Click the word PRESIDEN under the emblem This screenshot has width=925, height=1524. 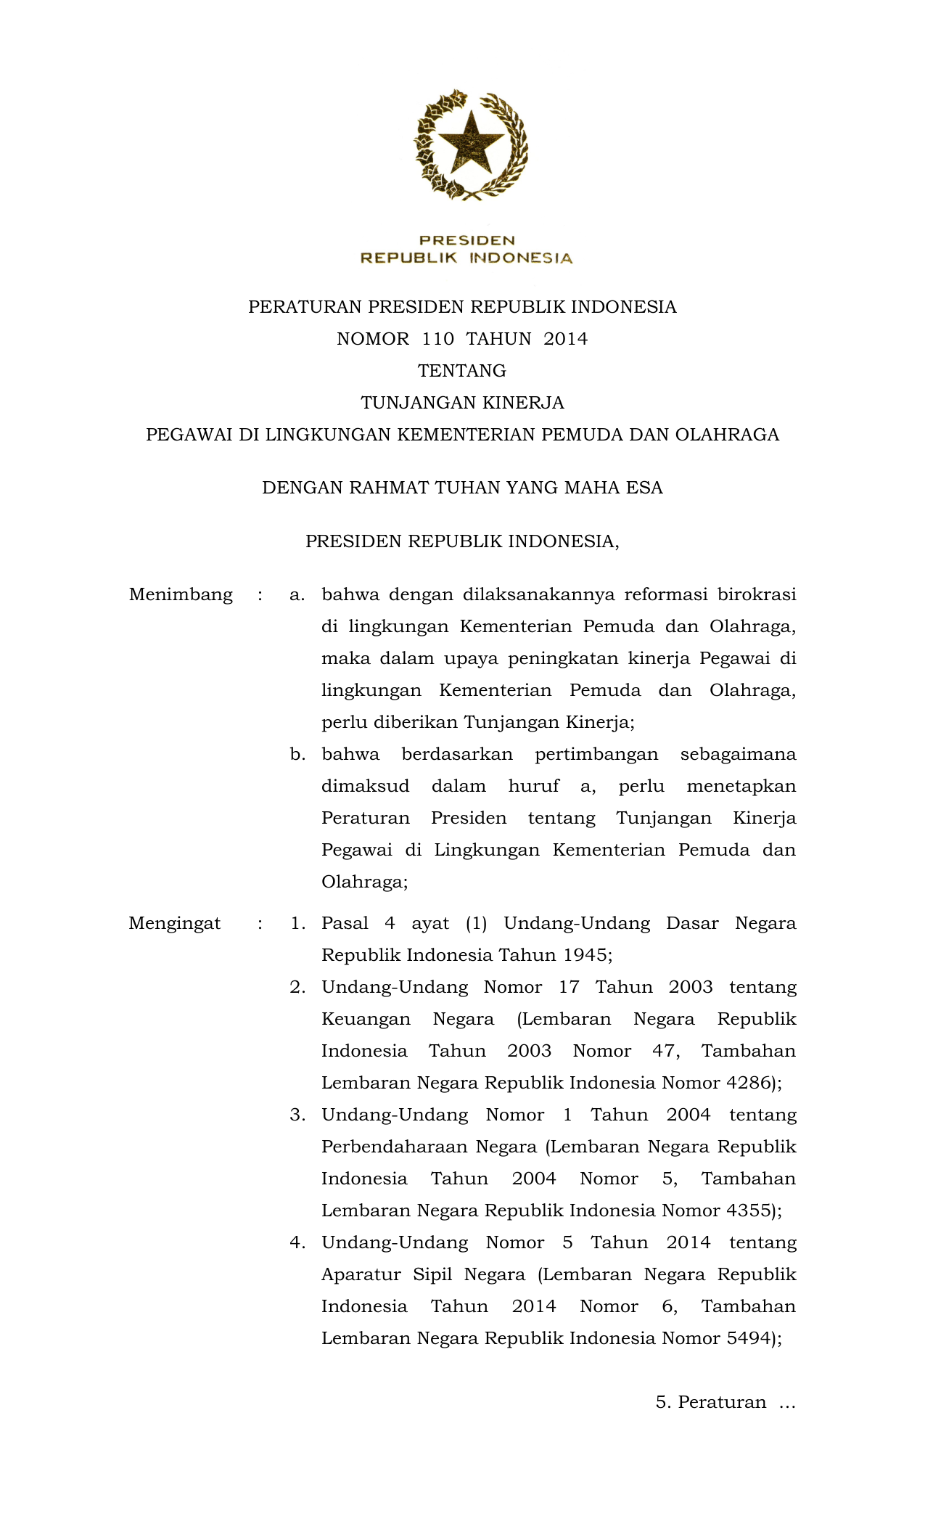click(467, 240)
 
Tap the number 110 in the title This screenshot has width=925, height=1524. click(437, 339)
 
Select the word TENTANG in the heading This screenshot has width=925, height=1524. click(462, 371)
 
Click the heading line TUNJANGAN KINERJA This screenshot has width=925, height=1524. click(462, 403)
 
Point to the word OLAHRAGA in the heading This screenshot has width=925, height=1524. click(727, 435)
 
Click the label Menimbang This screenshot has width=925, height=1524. click(181, 595)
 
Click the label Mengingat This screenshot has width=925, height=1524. click(175, 923)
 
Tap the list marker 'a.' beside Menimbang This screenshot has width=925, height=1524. click(297, 595)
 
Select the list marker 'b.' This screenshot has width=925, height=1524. click(297, 755)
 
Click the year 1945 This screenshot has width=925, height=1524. click(585, 955)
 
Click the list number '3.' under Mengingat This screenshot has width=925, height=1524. click(297, 1115)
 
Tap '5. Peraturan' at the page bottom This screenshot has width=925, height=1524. click(711, 1402)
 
